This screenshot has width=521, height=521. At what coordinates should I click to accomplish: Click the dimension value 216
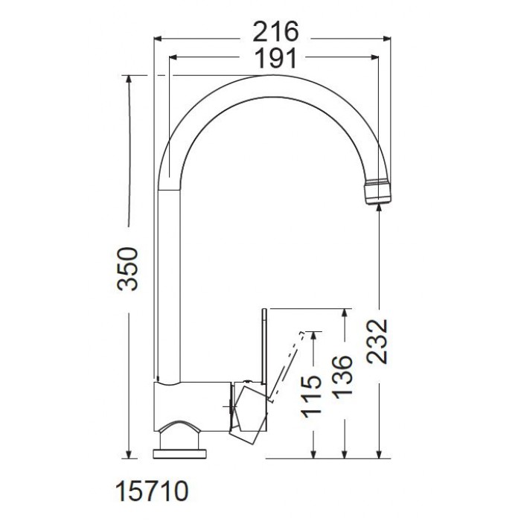276,32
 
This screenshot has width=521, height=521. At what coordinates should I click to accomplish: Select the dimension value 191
275,59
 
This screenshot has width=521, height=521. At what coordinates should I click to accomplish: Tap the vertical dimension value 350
127,269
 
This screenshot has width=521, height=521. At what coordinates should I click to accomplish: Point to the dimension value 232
377,341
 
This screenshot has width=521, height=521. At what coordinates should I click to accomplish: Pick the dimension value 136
342,377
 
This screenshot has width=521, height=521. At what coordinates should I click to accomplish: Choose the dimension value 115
311,396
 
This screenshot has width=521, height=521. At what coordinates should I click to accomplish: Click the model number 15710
152,491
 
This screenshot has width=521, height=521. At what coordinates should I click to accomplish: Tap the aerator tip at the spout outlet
378,192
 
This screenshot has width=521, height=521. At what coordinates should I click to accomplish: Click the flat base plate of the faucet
180,454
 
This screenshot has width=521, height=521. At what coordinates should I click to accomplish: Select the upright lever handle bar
264,347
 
